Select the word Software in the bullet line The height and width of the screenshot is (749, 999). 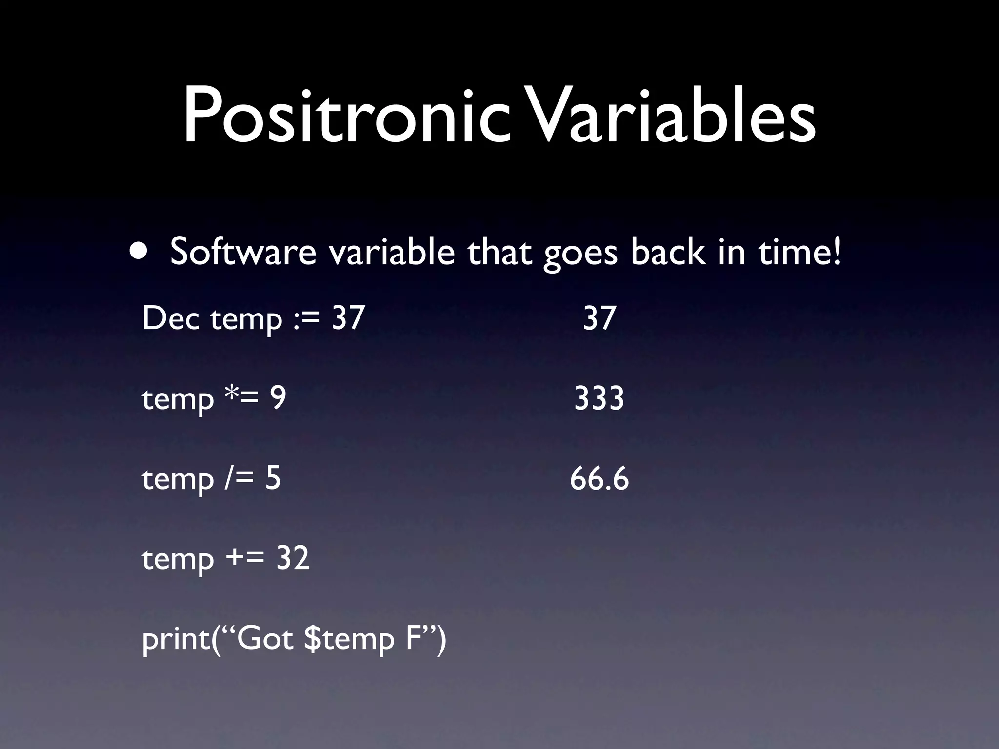click(243, 252)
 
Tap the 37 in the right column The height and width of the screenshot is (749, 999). click(599, 318)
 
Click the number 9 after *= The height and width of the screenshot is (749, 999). click(278, 398)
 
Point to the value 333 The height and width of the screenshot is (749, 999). click(599, 398)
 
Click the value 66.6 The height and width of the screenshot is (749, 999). click(599, 478)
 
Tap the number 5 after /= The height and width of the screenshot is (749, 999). click(273, 478)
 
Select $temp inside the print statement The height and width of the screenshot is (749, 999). click(349, 640)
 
